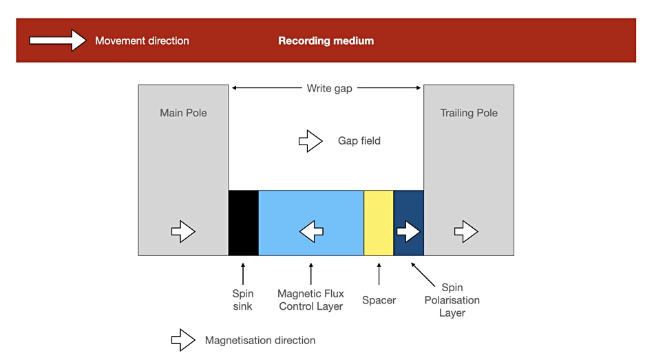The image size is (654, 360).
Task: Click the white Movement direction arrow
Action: [58, 41]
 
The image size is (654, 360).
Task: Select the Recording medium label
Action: [326, 41]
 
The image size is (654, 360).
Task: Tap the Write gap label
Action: [330, 88]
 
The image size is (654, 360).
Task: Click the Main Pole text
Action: [183, 113]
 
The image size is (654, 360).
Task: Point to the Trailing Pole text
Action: [469, 113]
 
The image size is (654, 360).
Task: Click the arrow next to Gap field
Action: [310, 141]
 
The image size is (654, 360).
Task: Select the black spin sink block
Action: [244, 223]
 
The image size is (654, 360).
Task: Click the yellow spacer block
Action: [379, 223]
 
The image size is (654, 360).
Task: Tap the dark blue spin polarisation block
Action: [409, 223]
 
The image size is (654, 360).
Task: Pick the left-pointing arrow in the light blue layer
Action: [312, 231]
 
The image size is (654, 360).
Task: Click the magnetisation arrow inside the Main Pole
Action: [183, 231]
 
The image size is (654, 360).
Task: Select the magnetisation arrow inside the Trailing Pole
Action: [466, 231]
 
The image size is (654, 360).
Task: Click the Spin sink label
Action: [243, 300]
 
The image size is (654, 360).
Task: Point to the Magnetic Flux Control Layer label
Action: [310, 300]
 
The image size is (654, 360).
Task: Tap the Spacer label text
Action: [379, 300]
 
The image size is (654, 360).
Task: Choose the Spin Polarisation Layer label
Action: [452, 300]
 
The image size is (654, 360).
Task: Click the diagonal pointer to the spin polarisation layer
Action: [423, 275]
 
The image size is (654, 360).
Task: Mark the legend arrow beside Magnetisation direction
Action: [183, 340]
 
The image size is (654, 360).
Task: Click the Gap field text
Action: [359, 141]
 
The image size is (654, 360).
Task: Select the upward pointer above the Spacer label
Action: [379, 274]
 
